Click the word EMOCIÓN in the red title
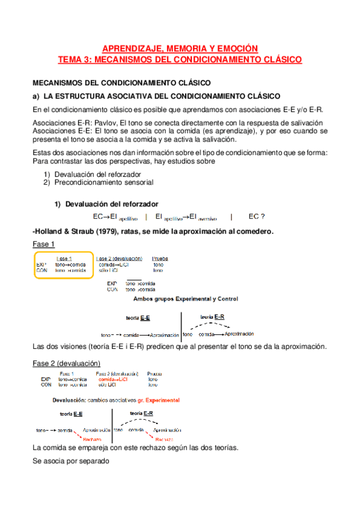point(237,48)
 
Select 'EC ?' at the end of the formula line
point(257,217)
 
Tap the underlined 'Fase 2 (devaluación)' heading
point(67,363)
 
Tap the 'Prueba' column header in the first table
point(160,259)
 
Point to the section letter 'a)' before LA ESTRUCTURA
point(36,96)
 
